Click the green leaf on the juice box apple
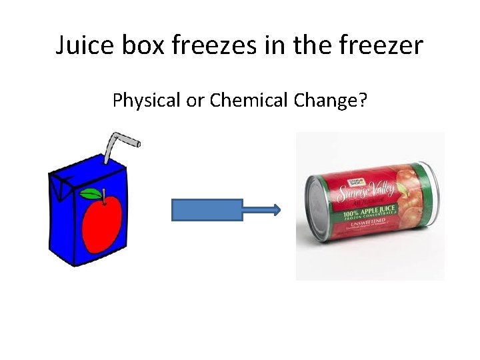[x=90, y=194]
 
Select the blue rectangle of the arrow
[x=207, y=210]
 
